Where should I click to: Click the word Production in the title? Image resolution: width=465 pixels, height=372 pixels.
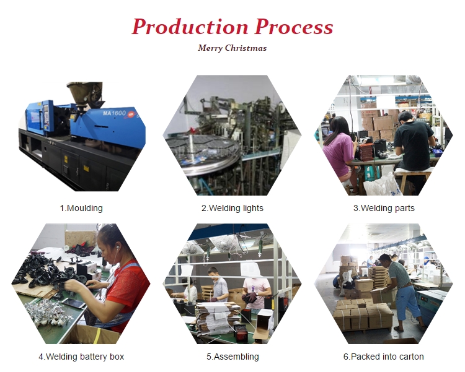tap(190, 27)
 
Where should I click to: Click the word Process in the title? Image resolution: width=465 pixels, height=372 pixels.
tap(294, 27)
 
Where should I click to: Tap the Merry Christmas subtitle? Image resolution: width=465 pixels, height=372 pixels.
tap(232, 48)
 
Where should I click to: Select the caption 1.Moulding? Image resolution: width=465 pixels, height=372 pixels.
tap(81, 208)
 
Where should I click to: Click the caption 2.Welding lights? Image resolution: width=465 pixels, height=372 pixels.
tap(232, 208)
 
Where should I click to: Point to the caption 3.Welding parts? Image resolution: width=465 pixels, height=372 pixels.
tap(384, 208)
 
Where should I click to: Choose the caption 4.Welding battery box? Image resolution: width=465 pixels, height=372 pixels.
tap(81, 357)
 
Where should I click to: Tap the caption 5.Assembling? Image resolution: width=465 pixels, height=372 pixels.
tap(232, 357)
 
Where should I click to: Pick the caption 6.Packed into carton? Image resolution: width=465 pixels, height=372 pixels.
tap(383, 357)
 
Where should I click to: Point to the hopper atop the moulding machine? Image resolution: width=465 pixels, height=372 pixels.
tap(86, 94)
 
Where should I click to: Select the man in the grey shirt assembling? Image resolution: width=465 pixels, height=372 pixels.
tap(219, 285)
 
